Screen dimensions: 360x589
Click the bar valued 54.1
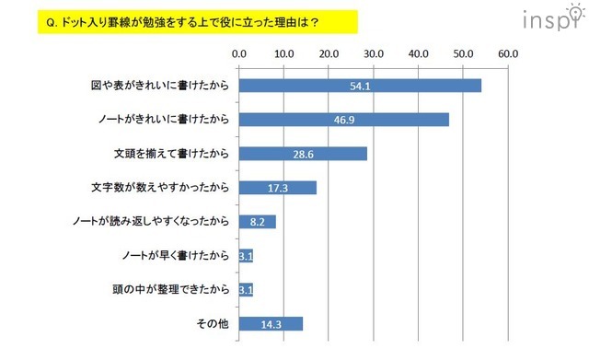tap(360, 86)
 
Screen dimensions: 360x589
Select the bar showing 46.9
tap(343, 120)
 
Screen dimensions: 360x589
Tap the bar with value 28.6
tap(303, 154)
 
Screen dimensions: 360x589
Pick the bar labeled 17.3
tap(277, 188)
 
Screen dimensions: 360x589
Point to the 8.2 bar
tap(257, 222)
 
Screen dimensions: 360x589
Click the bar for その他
tap(271, 323)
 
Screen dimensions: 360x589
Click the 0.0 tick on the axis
tap(239, 53)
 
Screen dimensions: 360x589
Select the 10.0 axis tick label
tap(284, 53)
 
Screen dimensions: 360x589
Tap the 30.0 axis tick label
tap(374, 53)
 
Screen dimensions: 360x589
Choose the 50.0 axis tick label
tap(463, 53)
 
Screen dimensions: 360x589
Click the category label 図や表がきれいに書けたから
tap(156, 86)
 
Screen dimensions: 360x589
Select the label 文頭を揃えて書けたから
tap(167, 154)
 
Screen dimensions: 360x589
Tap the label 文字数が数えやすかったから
tap(159, 188)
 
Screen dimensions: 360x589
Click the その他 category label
tap(211, 323)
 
